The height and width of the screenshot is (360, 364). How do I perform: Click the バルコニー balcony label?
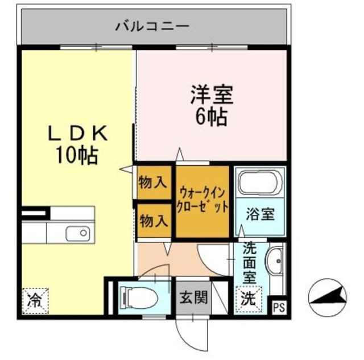(152, 26)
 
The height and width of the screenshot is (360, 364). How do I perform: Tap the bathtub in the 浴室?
(259, 183)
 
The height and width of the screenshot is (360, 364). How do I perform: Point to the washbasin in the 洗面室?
(276, 264)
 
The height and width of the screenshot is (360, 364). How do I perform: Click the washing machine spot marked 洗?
(248, 296)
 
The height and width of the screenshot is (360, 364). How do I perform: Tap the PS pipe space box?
(278, 308)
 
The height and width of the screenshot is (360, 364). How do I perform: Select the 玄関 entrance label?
(193, 297)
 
